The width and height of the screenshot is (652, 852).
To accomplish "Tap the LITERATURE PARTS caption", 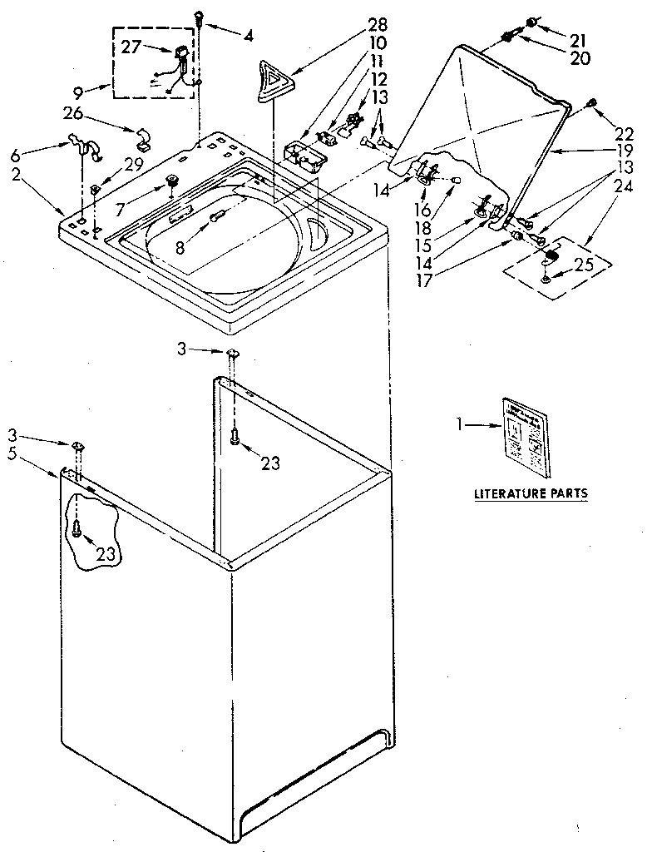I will [530, 493].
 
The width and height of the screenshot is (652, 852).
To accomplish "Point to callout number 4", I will [249, 35].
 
